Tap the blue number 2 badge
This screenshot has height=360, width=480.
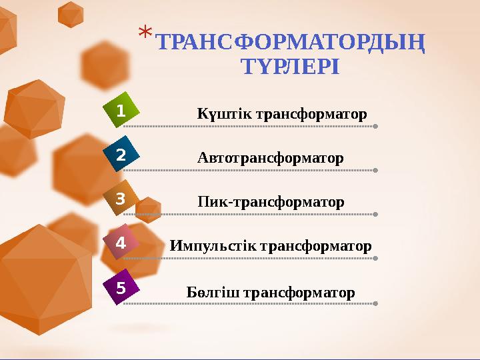121,155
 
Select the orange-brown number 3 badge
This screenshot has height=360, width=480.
121,199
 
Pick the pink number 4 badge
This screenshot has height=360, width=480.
121,243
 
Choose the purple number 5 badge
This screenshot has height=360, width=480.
121,288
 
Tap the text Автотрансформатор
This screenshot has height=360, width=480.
271,159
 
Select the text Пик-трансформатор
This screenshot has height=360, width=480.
271,202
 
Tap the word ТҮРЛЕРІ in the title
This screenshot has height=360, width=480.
289,67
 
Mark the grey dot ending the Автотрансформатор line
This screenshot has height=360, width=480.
376,170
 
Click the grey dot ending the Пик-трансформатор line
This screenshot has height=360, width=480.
376,214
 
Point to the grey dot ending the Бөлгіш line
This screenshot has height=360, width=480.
376,303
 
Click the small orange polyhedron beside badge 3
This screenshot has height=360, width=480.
148,209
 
